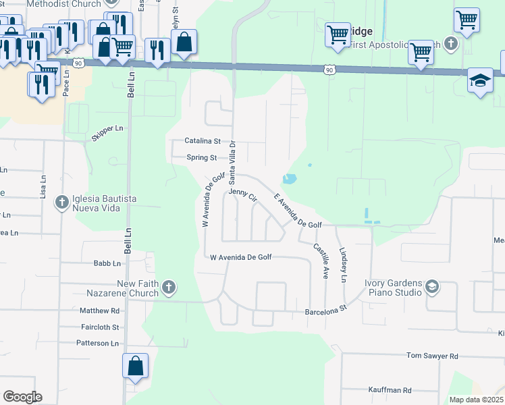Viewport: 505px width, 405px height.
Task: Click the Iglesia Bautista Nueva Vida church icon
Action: [x=61, y=202]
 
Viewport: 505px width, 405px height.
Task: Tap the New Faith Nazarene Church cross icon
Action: [x=169, y=288]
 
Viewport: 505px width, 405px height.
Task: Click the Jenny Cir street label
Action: [x=243, y=196]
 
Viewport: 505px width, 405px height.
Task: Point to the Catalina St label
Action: [x=203, y=141]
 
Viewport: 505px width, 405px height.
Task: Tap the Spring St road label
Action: [x=202, y=158]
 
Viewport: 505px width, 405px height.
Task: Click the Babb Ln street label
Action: [x=107, y=264]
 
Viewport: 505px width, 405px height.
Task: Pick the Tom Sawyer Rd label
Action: [x=432, y=356]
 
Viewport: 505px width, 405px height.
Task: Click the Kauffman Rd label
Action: [x=390, y=390]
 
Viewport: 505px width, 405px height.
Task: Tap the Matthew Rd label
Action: [x=99, y=311]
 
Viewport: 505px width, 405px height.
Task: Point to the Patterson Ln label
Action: [x=97, y=344]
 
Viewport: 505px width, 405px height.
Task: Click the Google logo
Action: [x=22, y=397]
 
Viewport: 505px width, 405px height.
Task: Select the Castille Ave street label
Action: [x=320, y=262]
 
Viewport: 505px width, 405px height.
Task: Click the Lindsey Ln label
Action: [x=343, y=264]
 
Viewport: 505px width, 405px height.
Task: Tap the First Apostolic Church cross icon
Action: [x=452, y=45]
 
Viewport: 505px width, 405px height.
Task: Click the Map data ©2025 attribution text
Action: [x=475, y=400]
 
